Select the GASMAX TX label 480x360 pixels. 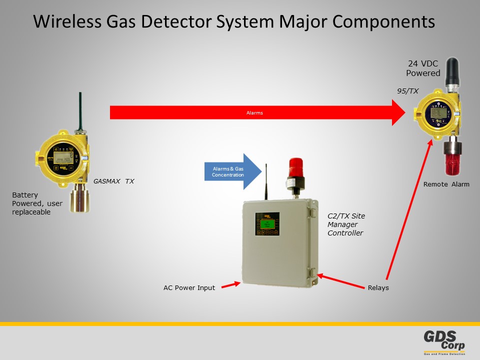(113, 181)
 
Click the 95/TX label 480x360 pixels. (407, 90)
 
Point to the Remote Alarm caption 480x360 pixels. (446, 184)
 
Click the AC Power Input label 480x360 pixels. (189, 287)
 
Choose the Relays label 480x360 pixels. (378, 287)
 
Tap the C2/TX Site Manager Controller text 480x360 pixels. (346, 224)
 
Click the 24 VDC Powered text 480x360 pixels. (423, 68)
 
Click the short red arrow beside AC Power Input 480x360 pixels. (230, 285)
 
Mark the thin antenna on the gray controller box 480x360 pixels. (265, 180)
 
